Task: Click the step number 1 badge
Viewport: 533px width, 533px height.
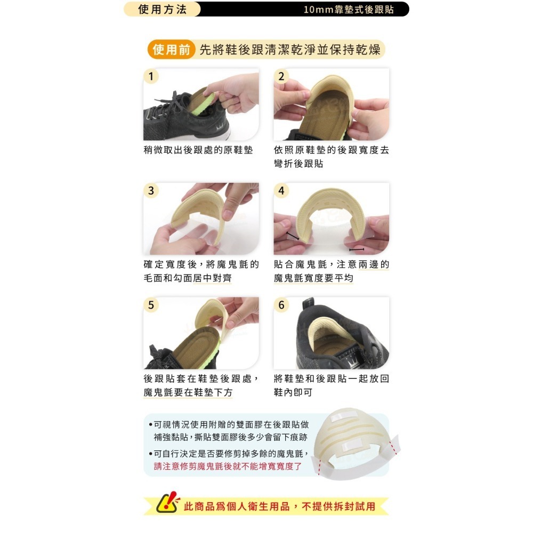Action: coord(151,76)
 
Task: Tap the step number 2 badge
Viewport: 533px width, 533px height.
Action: coord(281,76)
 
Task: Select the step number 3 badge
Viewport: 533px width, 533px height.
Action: coord(151,191)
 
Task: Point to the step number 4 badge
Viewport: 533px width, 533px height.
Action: coord(281,191)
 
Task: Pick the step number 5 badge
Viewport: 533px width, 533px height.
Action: coord(151,305)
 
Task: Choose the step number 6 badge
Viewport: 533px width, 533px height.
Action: coord(281,305)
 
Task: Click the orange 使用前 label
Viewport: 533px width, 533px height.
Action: coord(171,50)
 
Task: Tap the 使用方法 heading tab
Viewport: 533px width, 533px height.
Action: coord(162,9)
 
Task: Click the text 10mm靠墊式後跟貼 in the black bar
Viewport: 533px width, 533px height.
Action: coord(349,10)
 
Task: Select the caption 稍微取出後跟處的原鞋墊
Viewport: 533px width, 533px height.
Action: coord(198,150)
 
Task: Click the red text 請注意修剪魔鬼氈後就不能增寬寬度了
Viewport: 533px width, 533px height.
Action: coord(228,466)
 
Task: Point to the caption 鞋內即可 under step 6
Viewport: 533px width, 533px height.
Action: coord(293,392)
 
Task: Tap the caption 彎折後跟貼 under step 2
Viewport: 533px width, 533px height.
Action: coord(298,164)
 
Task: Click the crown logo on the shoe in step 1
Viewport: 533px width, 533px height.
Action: coord(219,128)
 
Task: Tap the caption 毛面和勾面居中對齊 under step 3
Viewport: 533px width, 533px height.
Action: coord(188,278)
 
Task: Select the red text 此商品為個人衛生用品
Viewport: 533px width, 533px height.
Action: coord(237,506)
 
